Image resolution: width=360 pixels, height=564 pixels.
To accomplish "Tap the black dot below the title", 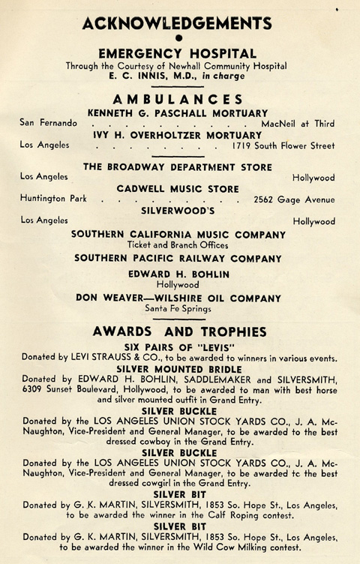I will coord(178,38).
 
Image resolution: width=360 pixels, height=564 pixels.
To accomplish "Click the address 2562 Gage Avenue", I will coord(295,199).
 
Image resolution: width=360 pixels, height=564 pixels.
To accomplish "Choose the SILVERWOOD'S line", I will coord(178,211).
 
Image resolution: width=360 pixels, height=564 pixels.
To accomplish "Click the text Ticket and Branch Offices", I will coord(178,245).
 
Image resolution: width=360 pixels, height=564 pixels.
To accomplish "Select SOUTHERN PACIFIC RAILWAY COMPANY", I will coord(178,257).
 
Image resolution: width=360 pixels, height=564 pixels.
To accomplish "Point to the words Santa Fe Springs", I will coord(178,308).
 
